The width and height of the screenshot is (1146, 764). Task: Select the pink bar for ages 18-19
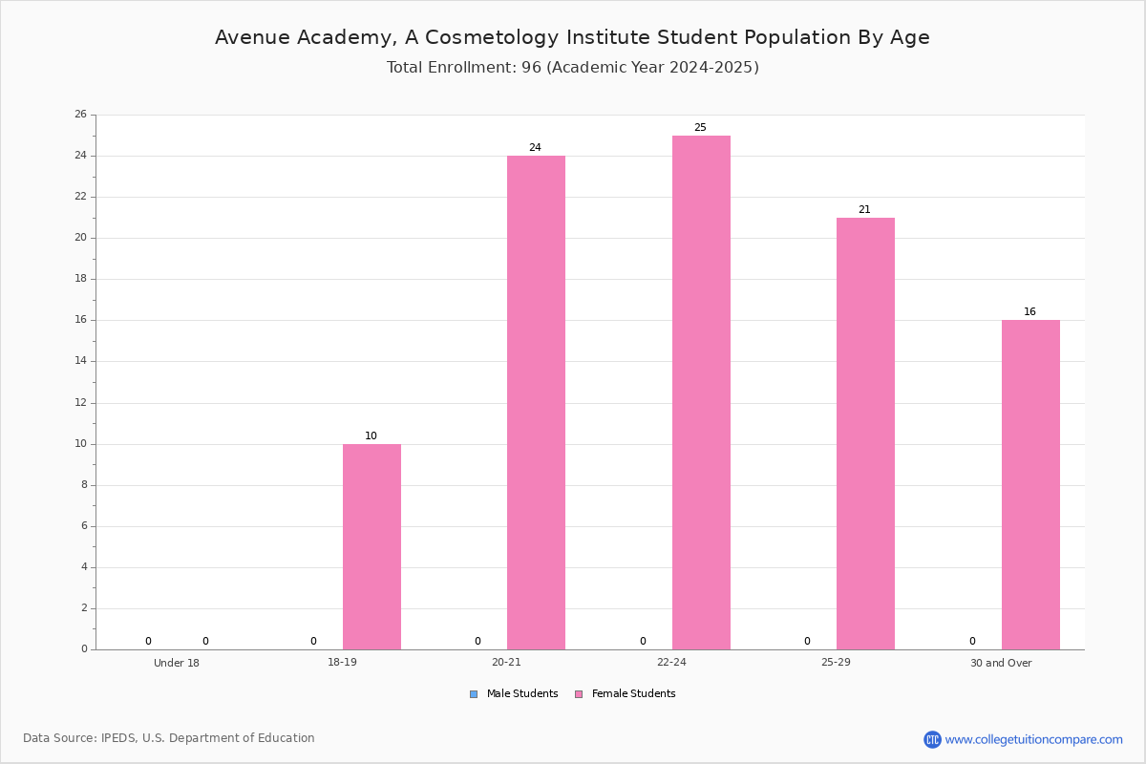coord(371,546)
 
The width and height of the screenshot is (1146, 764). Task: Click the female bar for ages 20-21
coord(536,403)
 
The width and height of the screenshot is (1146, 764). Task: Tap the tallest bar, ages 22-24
coord(701,393)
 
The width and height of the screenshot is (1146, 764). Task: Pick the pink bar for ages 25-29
coord(865,434)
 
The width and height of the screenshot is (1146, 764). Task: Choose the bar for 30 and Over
coord(1030,484)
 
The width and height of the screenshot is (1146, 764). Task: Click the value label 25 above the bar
coord(700,127)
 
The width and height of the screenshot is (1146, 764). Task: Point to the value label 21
coord(864,209)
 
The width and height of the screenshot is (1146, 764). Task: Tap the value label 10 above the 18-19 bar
coord(371,435)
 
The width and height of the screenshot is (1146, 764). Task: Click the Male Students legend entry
coord(514,693)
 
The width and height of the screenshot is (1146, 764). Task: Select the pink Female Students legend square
coord(579,694)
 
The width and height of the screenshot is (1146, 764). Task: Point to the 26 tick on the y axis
coord(81,114)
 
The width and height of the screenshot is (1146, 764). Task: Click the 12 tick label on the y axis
coord(81,403)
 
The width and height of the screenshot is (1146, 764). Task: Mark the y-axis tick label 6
coord(84,526)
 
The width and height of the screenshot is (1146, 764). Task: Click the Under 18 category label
coord(177,663)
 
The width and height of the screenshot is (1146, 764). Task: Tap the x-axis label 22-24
coord(671,662)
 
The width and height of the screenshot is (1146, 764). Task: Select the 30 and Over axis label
coord(1001,663)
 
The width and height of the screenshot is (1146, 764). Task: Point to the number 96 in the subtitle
coord(532,67)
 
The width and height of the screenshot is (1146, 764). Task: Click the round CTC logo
coord(932,739)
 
